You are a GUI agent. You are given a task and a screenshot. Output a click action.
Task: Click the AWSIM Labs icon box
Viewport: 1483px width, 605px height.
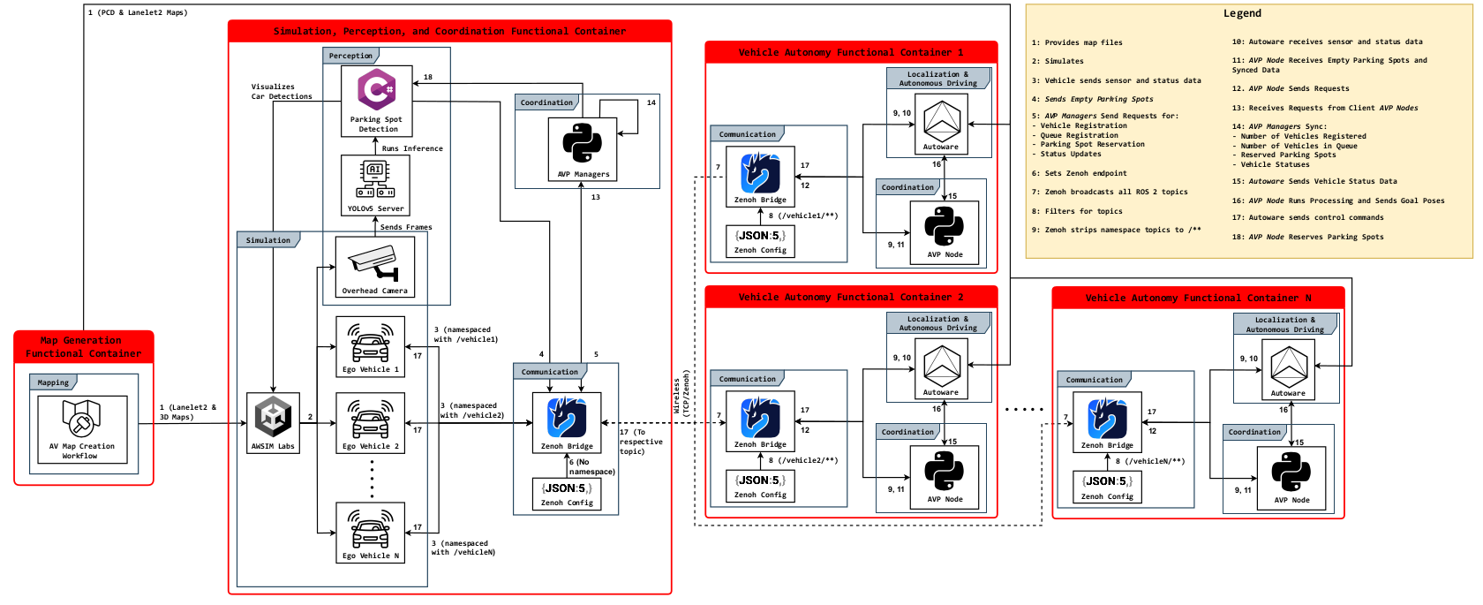[273, 422]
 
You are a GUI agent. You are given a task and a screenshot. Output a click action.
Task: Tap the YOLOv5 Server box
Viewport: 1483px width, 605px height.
[375, 185]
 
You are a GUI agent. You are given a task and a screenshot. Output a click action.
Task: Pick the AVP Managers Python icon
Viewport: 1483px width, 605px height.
[582, 144]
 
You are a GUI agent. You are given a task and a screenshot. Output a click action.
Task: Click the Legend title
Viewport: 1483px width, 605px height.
[1242, 13]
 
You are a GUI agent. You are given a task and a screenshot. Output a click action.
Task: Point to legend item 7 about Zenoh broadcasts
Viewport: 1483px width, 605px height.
[1116, 192]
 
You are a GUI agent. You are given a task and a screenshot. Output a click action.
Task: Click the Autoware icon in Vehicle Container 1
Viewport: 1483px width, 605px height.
[941, 119]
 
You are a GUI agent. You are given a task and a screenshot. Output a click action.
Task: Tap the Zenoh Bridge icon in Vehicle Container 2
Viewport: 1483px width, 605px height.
[760, 417]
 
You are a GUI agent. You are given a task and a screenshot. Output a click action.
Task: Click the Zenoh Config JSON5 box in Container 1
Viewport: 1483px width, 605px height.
[760, 240]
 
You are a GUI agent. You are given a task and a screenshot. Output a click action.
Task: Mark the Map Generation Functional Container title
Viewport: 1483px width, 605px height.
[84, 346]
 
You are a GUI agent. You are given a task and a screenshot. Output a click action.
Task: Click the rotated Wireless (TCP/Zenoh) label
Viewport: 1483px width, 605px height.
[681, 393]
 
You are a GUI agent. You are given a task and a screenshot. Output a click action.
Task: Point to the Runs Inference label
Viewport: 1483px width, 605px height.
[412, 148]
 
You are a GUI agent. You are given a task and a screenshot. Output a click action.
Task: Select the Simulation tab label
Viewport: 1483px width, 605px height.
[268, 240]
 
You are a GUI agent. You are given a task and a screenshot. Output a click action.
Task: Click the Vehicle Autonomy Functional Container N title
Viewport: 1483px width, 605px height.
[1198, 298]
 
